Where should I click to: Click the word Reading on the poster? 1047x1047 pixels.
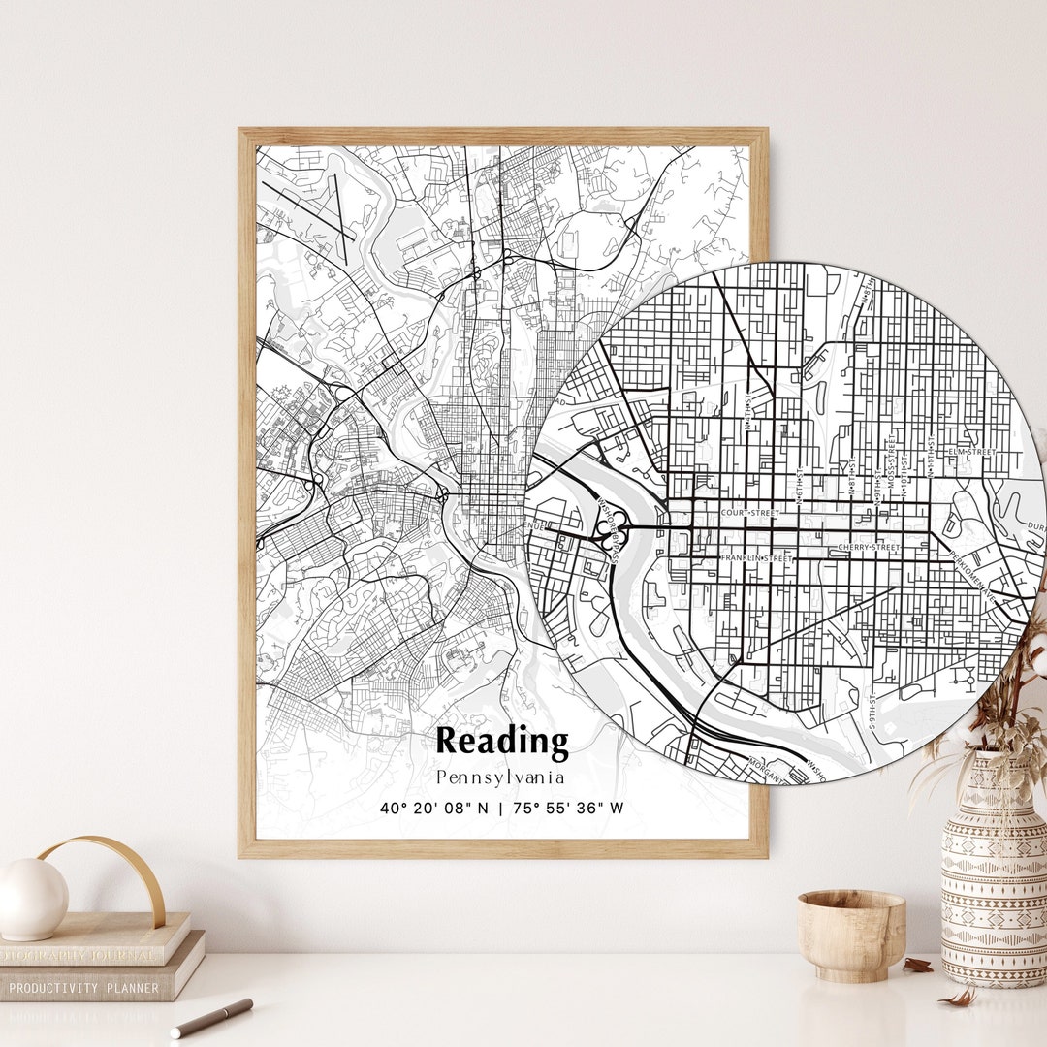tap(501, 742)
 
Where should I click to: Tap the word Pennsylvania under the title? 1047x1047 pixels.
tap(500, 777)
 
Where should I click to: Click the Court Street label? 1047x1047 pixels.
tap(750, 513)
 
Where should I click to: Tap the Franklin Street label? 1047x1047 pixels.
tap(756, 559)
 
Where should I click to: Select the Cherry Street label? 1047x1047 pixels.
tap(870, 549)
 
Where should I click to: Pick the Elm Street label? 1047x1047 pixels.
tap(972, 452)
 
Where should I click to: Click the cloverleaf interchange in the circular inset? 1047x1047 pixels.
tap(613, 530)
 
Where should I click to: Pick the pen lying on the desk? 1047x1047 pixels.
tap(211, 1017)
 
